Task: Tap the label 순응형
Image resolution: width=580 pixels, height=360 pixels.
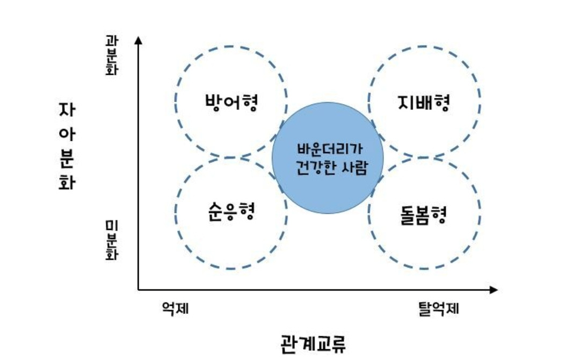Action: click(230, 212)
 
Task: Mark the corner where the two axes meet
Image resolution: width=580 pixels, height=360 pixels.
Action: click(139, 290)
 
